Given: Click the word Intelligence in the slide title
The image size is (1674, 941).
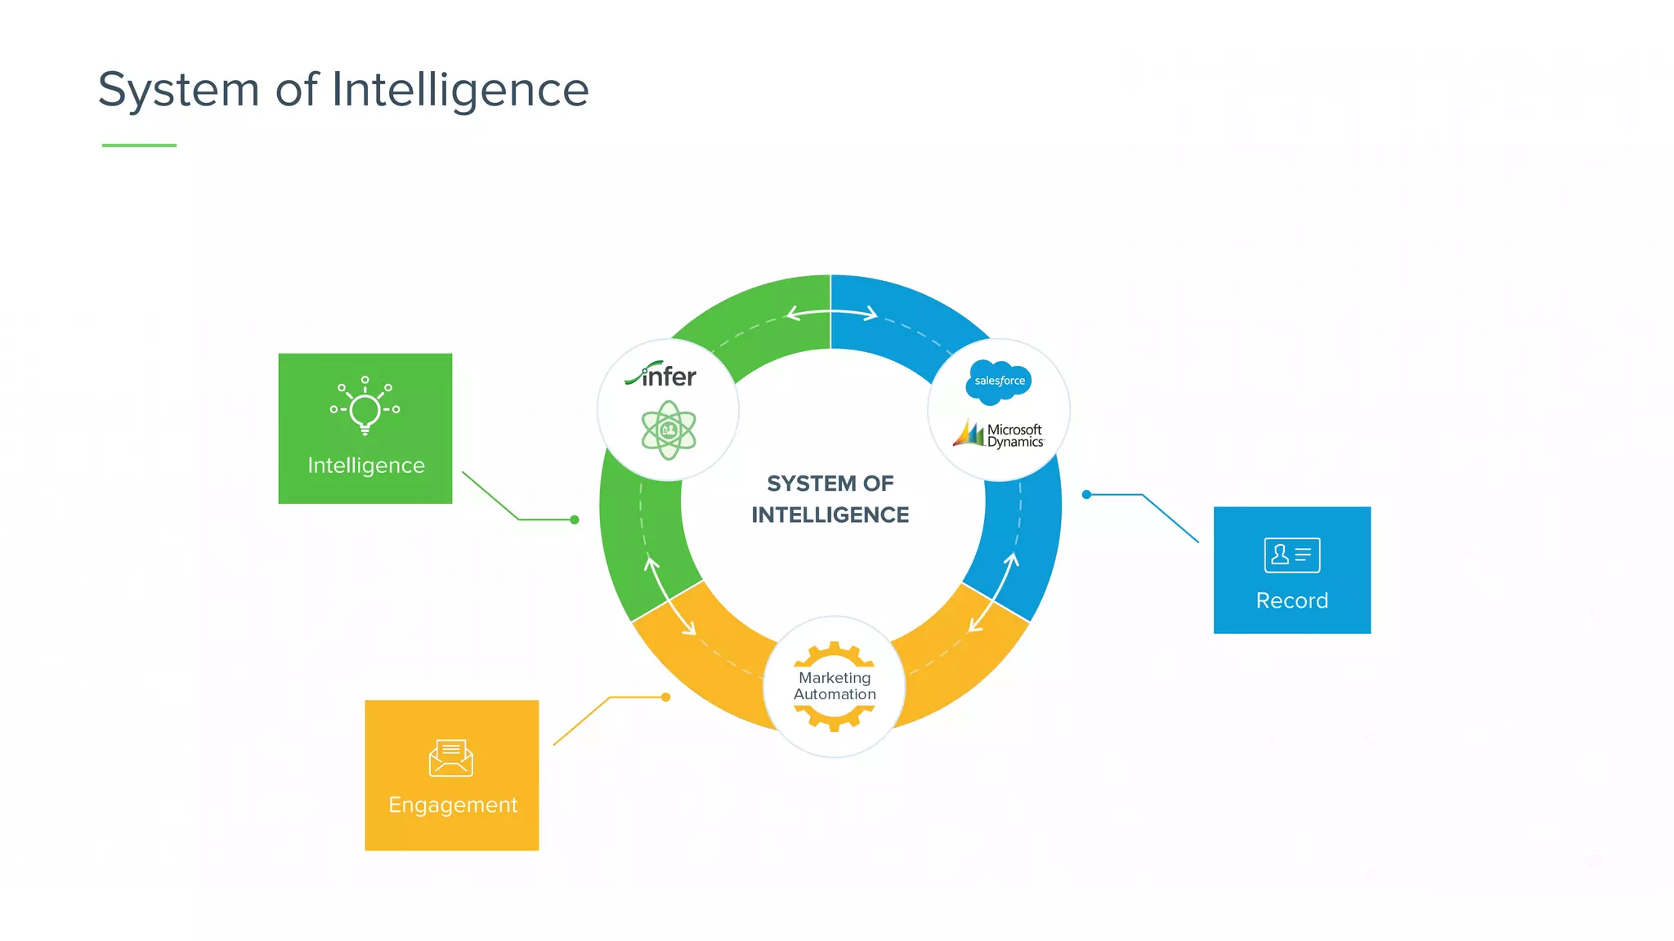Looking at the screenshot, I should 460,90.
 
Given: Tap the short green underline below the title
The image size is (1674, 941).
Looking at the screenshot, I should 139,145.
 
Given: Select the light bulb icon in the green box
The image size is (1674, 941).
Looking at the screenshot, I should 365,406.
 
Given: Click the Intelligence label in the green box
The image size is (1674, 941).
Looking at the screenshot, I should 365,466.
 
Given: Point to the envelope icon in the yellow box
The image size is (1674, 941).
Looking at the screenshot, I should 451,758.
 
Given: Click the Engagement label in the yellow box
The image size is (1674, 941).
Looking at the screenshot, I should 453,805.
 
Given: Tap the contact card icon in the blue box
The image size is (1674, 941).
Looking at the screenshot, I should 1291,555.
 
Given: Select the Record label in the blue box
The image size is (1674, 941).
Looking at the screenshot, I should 1291,601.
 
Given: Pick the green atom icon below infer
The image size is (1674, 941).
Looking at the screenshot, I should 669,430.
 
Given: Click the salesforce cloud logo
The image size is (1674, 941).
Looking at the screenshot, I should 998,381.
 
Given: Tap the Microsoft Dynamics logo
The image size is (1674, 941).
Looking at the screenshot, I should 999,435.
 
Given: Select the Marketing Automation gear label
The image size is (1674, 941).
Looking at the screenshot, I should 835,686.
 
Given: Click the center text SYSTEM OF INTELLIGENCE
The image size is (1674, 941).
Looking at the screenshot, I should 830,499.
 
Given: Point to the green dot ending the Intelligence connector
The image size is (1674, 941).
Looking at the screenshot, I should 575,520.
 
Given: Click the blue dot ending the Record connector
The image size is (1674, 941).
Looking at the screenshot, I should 1086,494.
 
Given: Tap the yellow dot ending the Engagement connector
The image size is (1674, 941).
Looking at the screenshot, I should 666,697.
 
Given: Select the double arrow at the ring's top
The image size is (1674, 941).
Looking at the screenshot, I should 830,313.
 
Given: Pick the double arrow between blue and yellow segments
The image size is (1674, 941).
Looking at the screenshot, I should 993,592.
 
